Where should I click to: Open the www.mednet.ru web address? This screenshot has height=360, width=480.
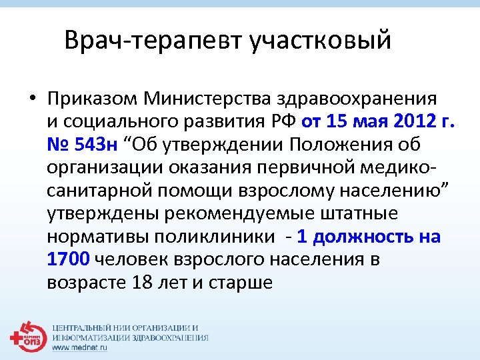pos(79,348)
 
